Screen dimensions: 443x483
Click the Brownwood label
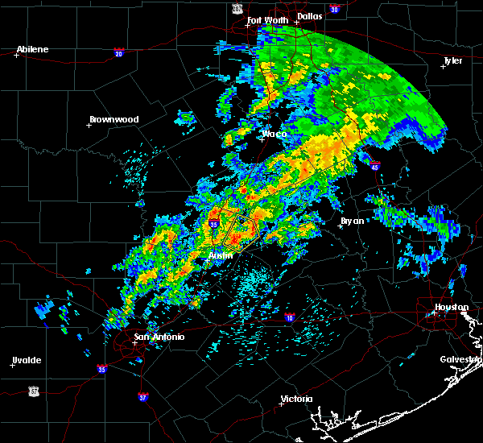(114, 119)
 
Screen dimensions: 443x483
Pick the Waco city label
(275, 134)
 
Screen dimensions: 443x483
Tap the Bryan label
(352, 220)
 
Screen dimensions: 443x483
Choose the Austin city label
(221, 255)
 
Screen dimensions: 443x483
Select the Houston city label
(452, 307)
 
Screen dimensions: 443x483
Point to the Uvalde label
(27, 360)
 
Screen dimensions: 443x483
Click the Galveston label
(460, 359)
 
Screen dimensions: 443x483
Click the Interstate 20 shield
(119, 54)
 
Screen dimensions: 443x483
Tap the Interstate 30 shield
(334, 10)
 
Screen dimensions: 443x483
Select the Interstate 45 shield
(375, 166)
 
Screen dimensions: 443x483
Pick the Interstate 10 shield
(289, 317)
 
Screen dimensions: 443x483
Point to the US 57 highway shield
(33, 390)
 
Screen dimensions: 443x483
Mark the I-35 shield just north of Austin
(214, 223)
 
